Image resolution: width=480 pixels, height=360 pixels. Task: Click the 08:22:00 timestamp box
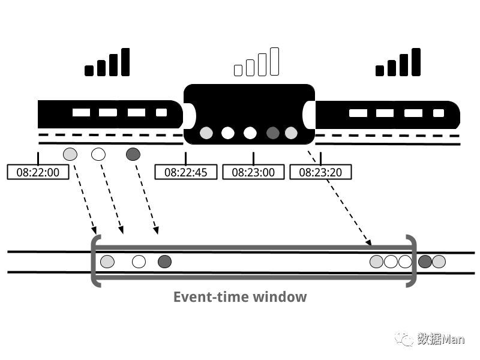[x=38, y=172]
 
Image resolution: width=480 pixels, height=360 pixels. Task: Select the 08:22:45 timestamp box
[x=185, y=172]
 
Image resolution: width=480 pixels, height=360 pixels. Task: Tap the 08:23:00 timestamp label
[x=253, y=172]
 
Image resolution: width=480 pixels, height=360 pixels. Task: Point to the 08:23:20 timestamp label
[x=320, y=172]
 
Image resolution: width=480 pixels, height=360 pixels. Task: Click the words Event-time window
[x=240, y=296]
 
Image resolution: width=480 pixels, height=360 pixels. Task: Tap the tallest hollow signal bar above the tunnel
[x=275, y=62]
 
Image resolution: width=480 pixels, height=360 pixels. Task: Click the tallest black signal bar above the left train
[x=125, y=62]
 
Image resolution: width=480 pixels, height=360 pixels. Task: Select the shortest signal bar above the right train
[x=380, y=71]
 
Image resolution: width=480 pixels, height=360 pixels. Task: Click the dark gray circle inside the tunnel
[x=273, y=133]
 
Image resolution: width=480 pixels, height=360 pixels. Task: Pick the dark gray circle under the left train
[x=133, y=154]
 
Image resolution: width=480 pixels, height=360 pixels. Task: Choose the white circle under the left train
[x=98, y=154]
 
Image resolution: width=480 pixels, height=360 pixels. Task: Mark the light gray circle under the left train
[x=70, y=154]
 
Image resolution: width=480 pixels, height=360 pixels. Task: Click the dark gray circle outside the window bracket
[x=425, y=262]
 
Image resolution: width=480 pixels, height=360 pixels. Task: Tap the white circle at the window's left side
[x=139, y=262]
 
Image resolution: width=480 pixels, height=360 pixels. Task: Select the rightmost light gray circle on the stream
[x=439, y=262]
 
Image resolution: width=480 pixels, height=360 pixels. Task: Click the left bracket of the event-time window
[x=95, y=261]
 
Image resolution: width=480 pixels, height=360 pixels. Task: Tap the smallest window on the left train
[x=161, y=112]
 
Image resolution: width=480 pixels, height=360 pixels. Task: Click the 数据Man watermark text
[x=441, y=340]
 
